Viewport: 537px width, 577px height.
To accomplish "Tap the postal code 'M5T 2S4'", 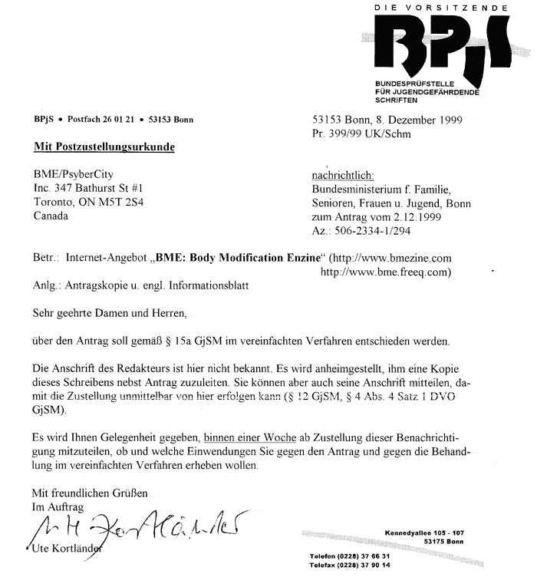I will coord(129,202).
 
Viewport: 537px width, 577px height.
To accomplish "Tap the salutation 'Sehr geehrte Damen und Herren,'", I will coord(108,312).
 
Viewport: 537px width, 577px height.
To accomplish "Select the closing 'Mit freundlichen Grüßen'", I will coord(90,493).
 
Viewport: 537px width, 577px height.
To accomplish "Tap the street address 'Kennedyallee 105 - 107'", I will coord(425,532).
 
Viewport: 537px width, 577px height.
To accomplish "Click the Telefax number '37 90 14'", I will coord(372,564).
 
